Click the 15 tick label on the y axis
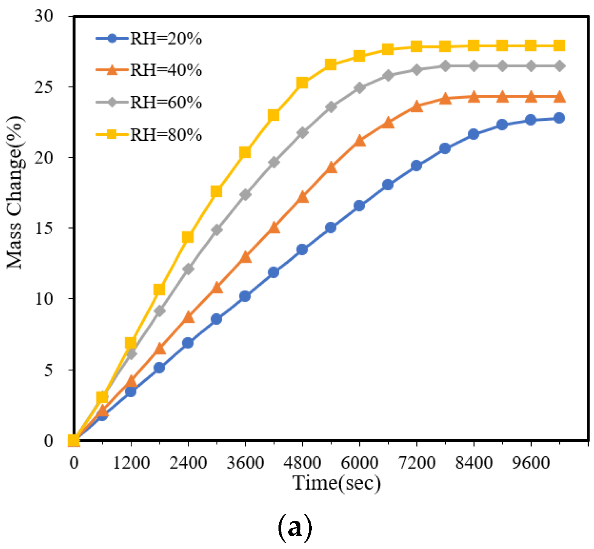click(44, 228)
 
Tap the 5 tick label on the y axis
click(48, 370)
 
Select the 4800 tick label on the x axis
click(302, 462)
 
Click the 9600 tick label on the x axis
click(531, 462)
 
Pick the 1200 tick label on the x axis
click(131, 462)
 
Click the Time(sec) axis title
click(337, 483)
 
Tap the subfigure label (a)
click(295, 528)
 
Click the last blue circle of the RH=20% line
click(559, 118)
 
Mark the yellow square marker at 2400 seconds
click(188, 237)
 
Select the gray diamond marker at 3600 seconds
click(245, 195)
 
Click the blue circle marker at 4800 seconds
click(302, 250)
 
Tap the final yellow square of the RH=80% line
click(559, 46)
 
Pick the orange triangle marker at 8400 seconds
click(473, 97)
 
